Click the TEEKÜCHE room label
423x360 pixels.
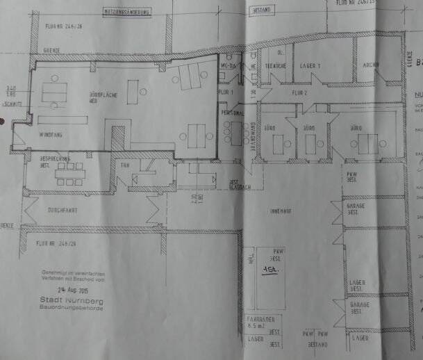point(276,65)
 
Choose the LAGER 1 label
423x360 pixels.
point(310,65)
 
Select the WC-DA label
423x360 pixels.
point(229,65)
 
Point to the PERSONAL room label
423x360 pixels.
point(232,112)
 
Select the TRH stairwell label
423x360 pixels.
point(125,166)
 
